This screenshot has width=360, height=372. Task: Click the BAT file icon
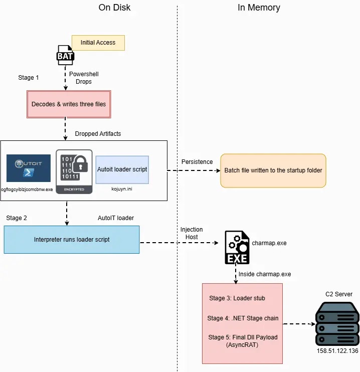click(65, 55)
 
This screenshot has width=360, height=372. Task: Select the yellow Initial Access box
click(98, 43)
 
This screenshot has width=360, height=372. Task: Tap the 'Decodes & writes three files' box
click(69, 104)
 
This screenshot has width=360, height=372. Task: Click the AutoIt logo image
click(29, 168)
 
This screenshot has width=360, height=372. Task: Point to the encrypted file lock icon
click(74, 171)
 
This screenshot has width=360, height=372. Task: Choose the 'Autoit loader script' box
click(122, 169)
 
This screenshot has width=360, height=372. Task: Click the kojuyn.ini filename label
click(122, 189)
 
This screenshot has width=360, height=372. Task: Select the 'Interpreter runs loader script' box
click(72, 240)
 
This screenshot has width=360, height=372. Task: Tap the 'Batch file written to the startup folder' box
click(273, 170)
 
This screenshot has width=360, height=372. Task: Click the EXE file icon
click(237, 248)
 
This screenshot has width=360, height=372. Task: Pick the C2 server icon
click(337, 323)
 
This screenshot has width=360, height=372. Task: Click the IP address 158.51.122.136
click(337, 351)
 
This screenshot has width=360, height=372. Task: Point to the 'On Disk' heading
click(114, 8)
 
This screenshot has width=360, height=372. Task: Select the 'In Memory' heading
click(259, 8)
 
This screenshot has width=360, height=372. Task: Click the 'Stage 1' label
click(29, 78)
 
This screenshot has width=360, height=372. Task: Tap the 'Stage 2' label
click(17, 218)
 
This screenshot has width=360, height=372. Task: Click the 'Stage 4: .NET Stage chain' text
click(243, 318)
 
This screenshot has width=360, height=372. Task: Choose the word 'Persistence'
click(197, 162)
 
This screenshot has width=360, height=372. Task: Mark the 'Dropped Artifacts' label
click(98, 134)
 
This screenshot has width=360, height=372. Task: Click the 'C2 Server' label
click(339, 294)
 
